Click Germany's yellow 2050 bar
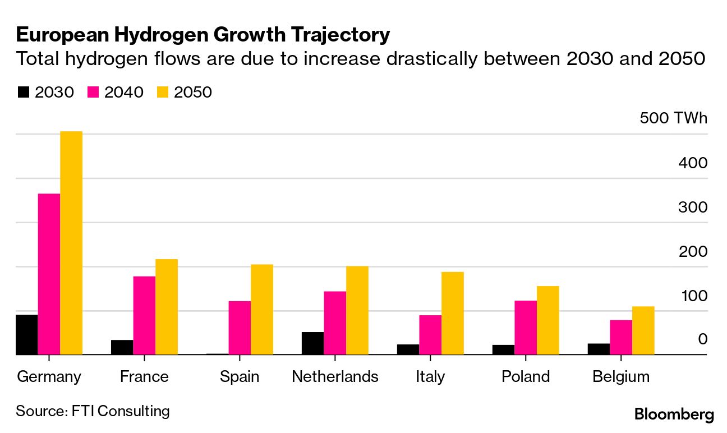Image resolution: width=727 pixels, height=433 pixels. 71,243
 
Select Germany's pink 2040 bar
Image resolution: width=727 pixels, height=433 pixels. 49,274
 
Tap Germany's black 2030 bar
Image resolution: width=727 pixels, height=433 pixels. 26,335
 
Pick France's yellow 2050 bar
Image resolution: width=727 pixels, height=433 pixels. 167,307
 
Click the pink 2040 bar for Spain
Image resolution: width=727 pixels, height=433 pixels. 240,328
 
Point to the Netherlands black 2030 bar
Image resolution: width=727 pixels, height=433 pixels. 312,343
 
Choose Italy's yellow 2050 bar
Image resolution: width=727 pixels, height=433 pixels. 453,314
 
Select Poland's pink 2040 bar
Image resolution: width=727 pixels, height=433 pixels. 526,328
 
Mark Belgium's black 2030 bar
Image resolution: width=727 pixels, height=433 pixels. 599,349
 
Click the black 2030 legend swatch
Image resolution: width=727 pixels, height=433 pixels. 23,92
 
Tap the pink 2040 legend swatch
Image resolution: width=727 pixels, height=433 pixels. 93,92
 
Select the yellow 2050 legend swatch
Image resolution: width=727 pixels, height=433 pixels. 163,92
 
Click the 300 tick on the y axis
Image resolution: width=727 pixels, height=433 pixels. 693,207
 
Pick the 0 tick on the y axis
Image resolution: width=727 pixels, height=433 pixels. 702,339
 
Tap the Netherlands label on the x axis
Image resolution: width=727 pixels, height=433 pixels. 335,376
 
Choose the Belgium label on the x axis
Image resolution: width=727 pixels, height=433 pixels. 621,376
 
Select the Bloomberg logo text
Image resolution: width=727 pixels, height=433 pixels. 674,415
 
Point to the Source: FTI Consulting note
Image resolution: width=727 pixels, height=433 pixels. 93,411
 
